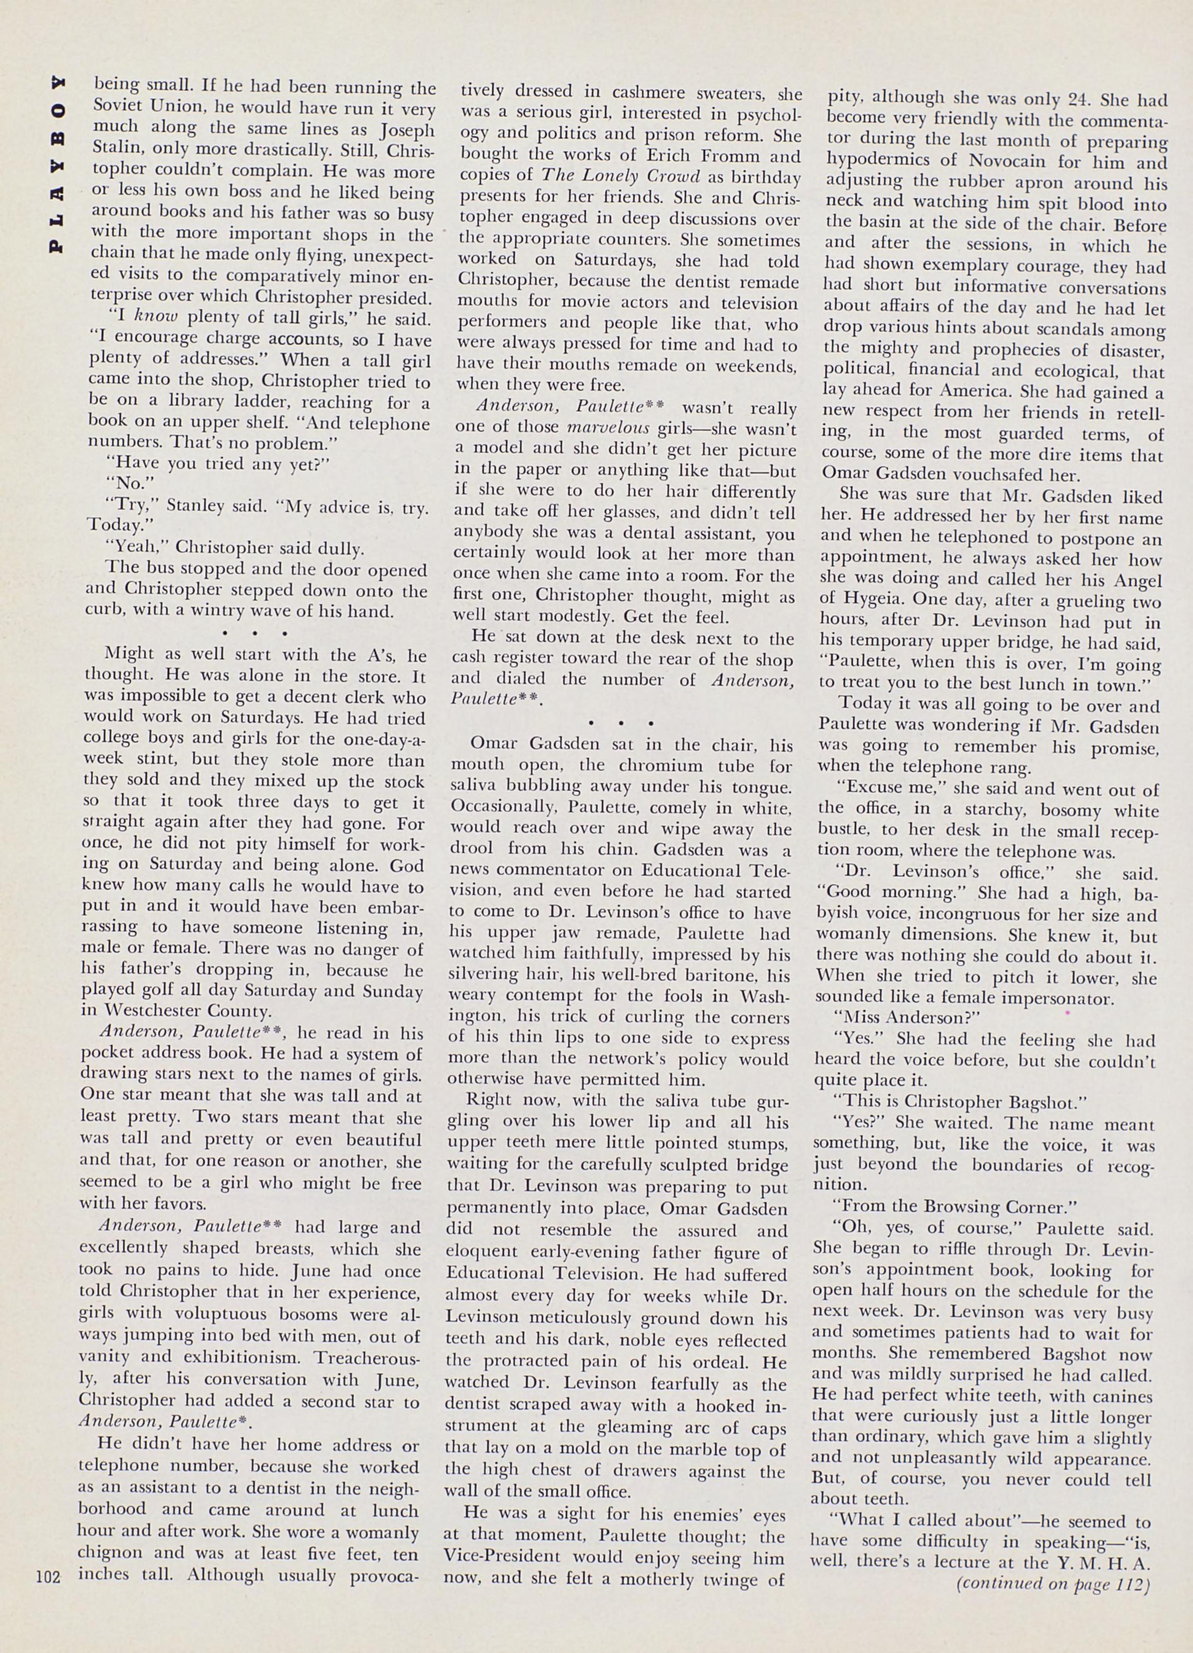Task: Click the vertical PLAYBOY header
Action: pos(57,163)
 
